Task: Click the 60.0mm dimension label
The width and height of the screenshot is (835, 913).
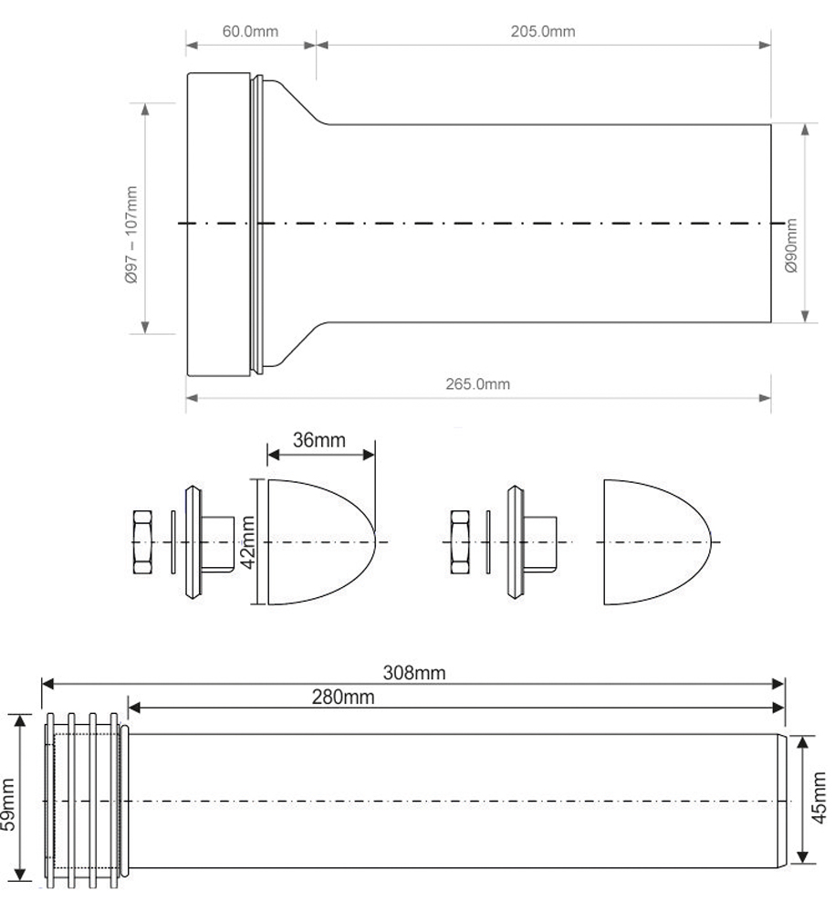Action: (250, 31)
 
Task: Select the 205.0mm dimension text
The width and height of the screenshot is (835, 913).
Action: (542, 31)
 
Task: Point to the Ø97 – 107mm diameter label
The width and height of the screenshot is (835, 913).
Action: (131, 235)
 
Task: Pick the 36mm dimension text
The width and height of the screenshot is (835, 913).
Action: (319, 440)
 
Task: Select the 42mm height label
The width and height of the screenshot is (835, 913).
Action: (246, 541)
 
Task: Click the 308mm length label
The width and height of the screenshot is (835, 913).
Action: (414, 673)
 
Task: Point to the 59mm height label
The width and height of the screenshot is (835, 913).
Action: (9, 801)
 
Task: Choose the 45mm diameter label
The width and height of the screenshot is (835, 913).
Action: (819, 800)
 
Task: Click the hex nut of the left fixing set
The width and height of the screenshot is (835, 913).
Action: (143, 542)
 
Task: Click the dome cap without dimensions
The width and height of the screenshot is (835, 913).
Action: (655, 542)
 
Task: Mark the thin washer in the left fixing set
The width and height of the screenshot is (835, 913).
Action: (172, 542)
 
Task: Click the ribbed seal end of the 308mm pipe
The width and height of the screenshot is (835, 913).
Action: (82, 801)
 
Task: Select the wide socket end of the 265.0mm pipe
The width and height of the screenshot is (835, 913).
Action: (219, 223)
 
